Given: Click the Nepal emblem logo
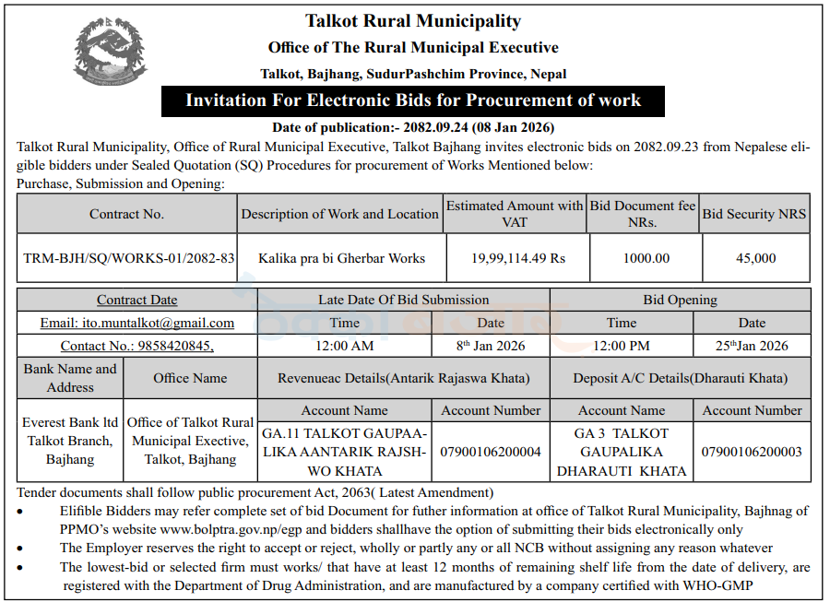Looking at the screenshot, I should coord(109,52).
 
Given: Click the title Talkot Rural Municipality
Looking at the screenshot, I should coord(413,20).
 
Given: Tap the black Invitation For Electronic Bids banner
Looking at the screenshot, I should coord(413,100).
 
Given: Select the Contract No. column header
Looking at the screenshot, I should coord(126,214).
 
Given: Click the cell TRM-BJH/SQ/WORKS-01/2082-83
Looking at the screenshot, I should coord(128,258).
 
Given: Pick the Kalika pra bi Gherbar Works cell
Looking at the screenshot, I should coord(341,258).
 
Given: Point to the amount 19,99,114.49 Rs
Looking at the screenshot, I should coord(517,258).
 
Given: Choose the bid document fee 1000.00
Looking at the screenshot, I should coord(646,258).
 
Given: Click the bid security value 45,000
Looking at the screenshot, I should coord(756,258).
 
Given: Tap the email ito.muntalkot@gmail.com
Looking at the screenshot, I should coord(136,323).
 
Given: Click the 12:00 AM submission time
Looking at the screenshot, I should coord(345,346).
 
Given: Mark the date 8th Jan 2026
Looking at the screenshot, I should coord(490,346).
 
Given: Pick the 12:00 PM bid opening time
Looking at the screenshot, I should coord(622,346).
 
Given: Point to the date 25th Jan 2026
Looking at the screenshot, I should coord(752,346).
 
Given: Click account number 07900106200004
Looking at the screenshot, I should coord(491,452).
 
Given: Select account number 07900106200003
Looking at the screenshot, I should coord(752,452).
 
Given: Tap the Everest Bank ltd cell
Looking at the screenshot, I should coord(70,441).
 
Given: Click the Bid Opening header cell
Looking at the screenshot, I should coord(680,300).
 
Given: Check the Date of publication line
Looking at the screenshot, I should coord(413,127).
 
